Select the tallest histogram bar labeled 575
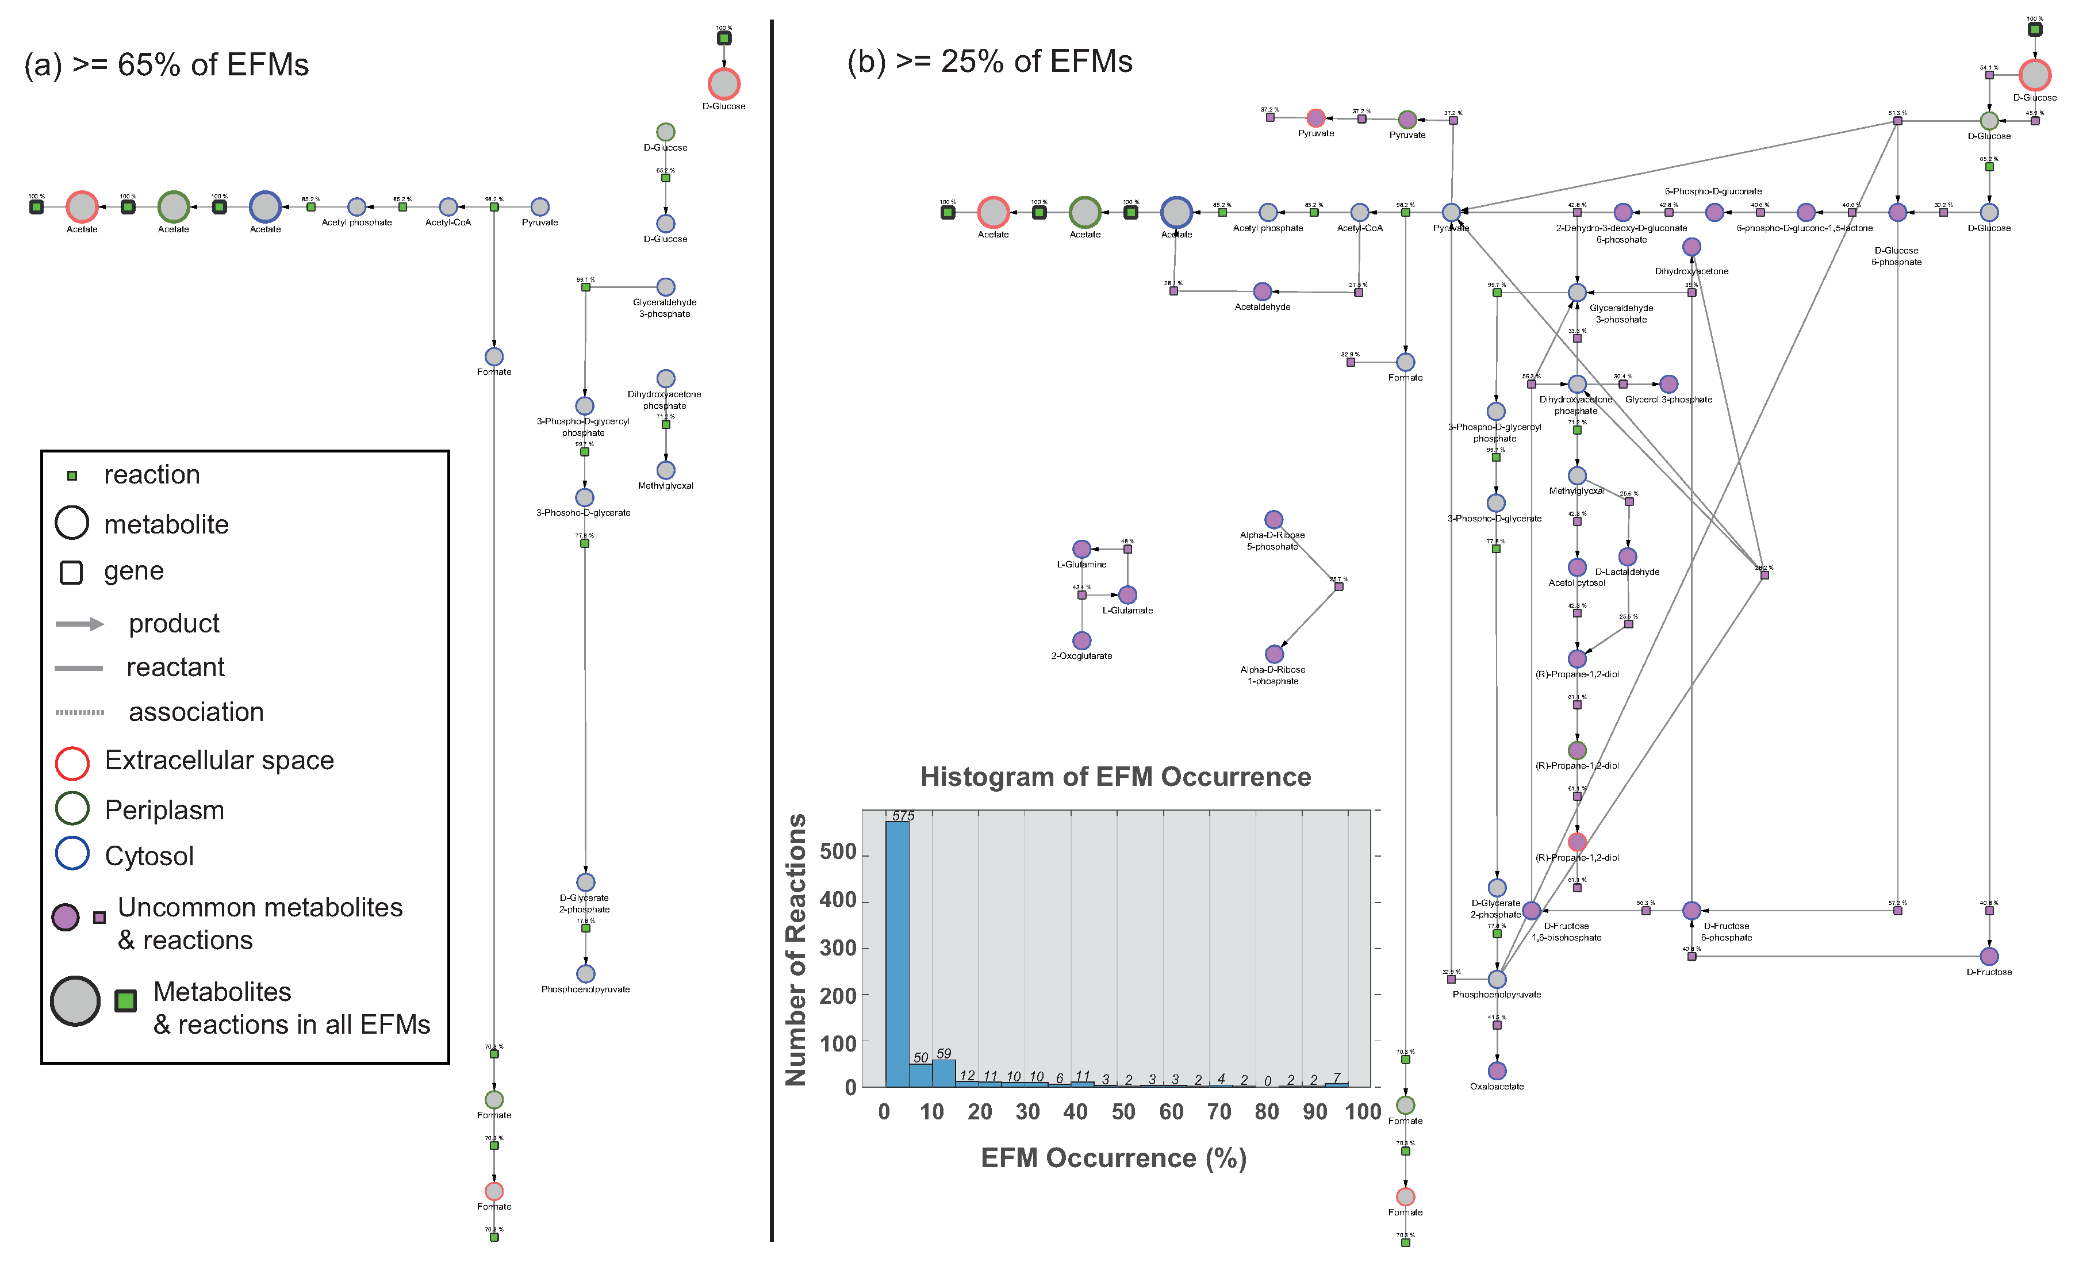point(897,954)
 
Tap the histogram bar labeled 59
point(943,1073)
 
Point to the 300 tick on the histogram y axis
point(839,949)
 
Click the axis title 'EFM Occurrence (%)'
point(1114,1158)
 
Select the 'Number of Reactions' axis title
point(796,949)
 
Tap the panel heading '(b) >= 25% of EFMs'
point(989,62)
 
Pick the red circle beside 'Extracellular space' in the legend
point(72,763)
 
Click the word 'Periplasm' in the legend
point(164,810)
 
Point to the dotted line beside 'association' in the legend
point(79,712)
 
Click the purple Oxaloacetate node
point(1497,1071)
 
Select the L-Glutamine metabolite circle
point(1081,550)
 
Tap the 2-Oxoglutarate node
point(1081,640)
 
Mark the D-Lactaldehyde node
point(1628,557)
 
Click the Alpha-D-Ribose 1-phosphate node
point(1274,654)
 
